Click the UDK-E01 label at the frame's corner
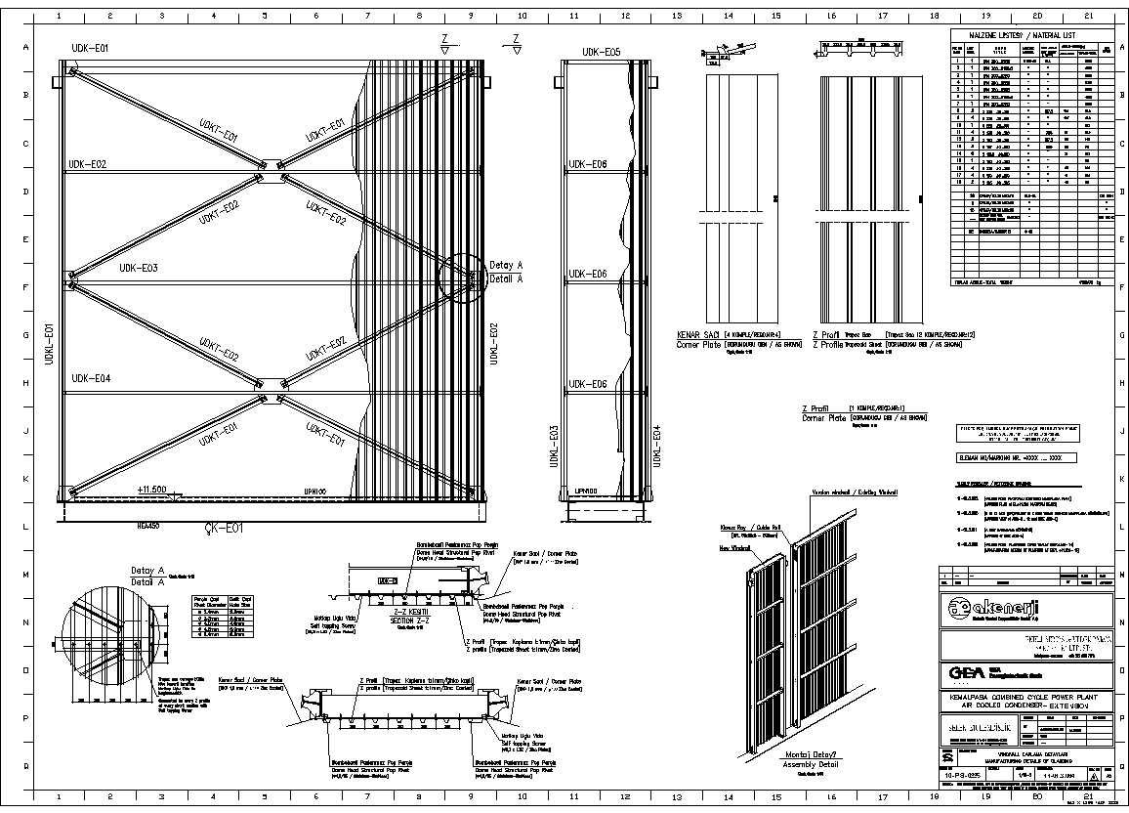click(x=90, y=48)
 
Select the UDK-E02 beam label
click(x=87, y=164)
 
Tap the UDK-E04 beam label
click(x=89, y=378)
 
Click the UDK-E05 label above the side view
click(x=602, y=53)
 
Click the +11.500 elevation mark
click(x=151, y=490)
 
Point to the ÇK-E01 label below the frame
click(x=224, y=529)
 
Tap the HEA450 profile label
click(x=148, y=525)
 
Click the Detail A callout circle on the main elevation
click(x=461, y=278)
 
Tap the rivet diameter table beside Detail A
click(x=216, y=607)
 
